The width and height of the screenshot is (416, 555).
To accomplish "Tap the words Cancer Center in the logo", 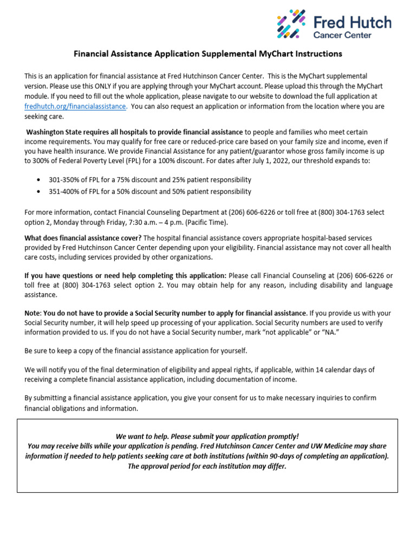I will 343,35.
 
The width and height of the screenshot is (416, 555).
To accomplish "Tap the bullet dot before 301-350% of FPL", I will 37,180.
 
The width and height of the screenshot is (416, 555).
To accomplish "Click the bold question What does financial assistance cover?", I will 83,238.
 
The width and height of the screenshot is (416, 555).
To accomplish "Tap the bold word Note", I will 32,313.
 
